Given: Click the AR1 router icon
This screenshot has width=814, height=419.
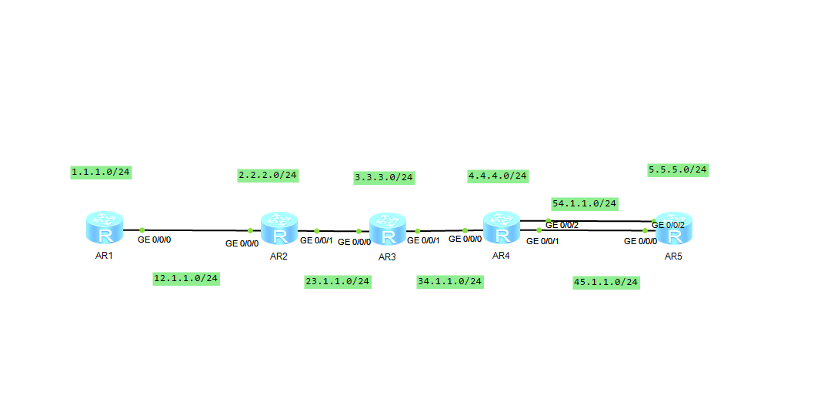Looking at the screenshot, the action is click(x=104, y=228).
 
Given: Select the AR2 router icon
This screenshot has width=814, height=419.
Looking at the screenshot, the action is click(x=279, y=229).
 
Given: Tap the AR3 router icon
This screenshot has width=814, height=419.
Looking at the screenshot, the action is click(x=387, y=230).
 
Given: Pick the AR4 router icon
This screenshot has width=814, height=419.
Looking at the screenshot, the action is click(x=502, y=226).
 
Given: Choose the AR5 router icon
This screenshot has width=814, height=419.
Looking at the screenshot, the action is click(x=673, y=229).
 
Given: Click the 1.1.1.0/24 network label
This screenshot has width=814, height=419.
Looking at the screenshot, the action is click(x=100, y=172).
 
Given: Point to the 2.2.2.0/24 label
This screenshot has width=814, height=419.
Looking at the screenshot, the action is click(x=268, y=175).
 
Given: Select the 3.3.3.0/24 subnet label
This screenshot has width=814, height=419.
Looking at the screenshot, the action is click(x=384, y=177).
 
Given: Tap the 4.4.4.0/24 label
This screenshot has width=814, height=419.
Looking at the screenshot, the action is click(x=498, y=176).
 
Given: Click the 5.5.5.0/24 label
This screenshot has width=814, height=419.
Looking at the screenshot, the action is click(x=678, y=169).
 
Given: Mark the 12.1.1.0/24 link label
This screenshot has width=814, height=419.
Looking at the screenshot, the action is click(x=186, y=278).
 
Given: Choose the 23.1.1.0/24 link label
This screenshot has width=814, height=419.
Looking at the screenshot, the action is click(x=338, y=281).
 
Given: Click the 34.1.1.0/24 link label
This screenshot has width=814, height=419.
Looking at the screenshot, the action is click(x=450, y=281).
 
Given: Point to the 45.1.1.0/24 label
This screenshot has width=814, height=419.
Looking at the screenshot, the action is click(x=606, y=282).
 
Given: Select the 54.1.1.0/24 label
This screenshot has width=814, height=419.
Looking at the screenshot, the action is click(x=585, y=203).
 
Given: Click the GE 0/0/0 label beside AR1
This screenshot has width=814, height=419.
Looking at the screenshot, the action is click(x=155, y=240).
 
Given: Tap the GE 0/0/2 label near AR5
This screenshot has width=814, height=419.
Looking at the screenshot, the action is click(x=669, y=225).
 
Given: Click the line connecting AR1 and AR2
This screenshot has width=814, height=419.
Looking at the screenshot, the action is click(x=196, y=230).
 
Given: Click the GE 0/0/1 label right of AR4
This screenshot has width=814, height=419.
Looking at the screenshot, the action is click(x=542, y=241).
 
